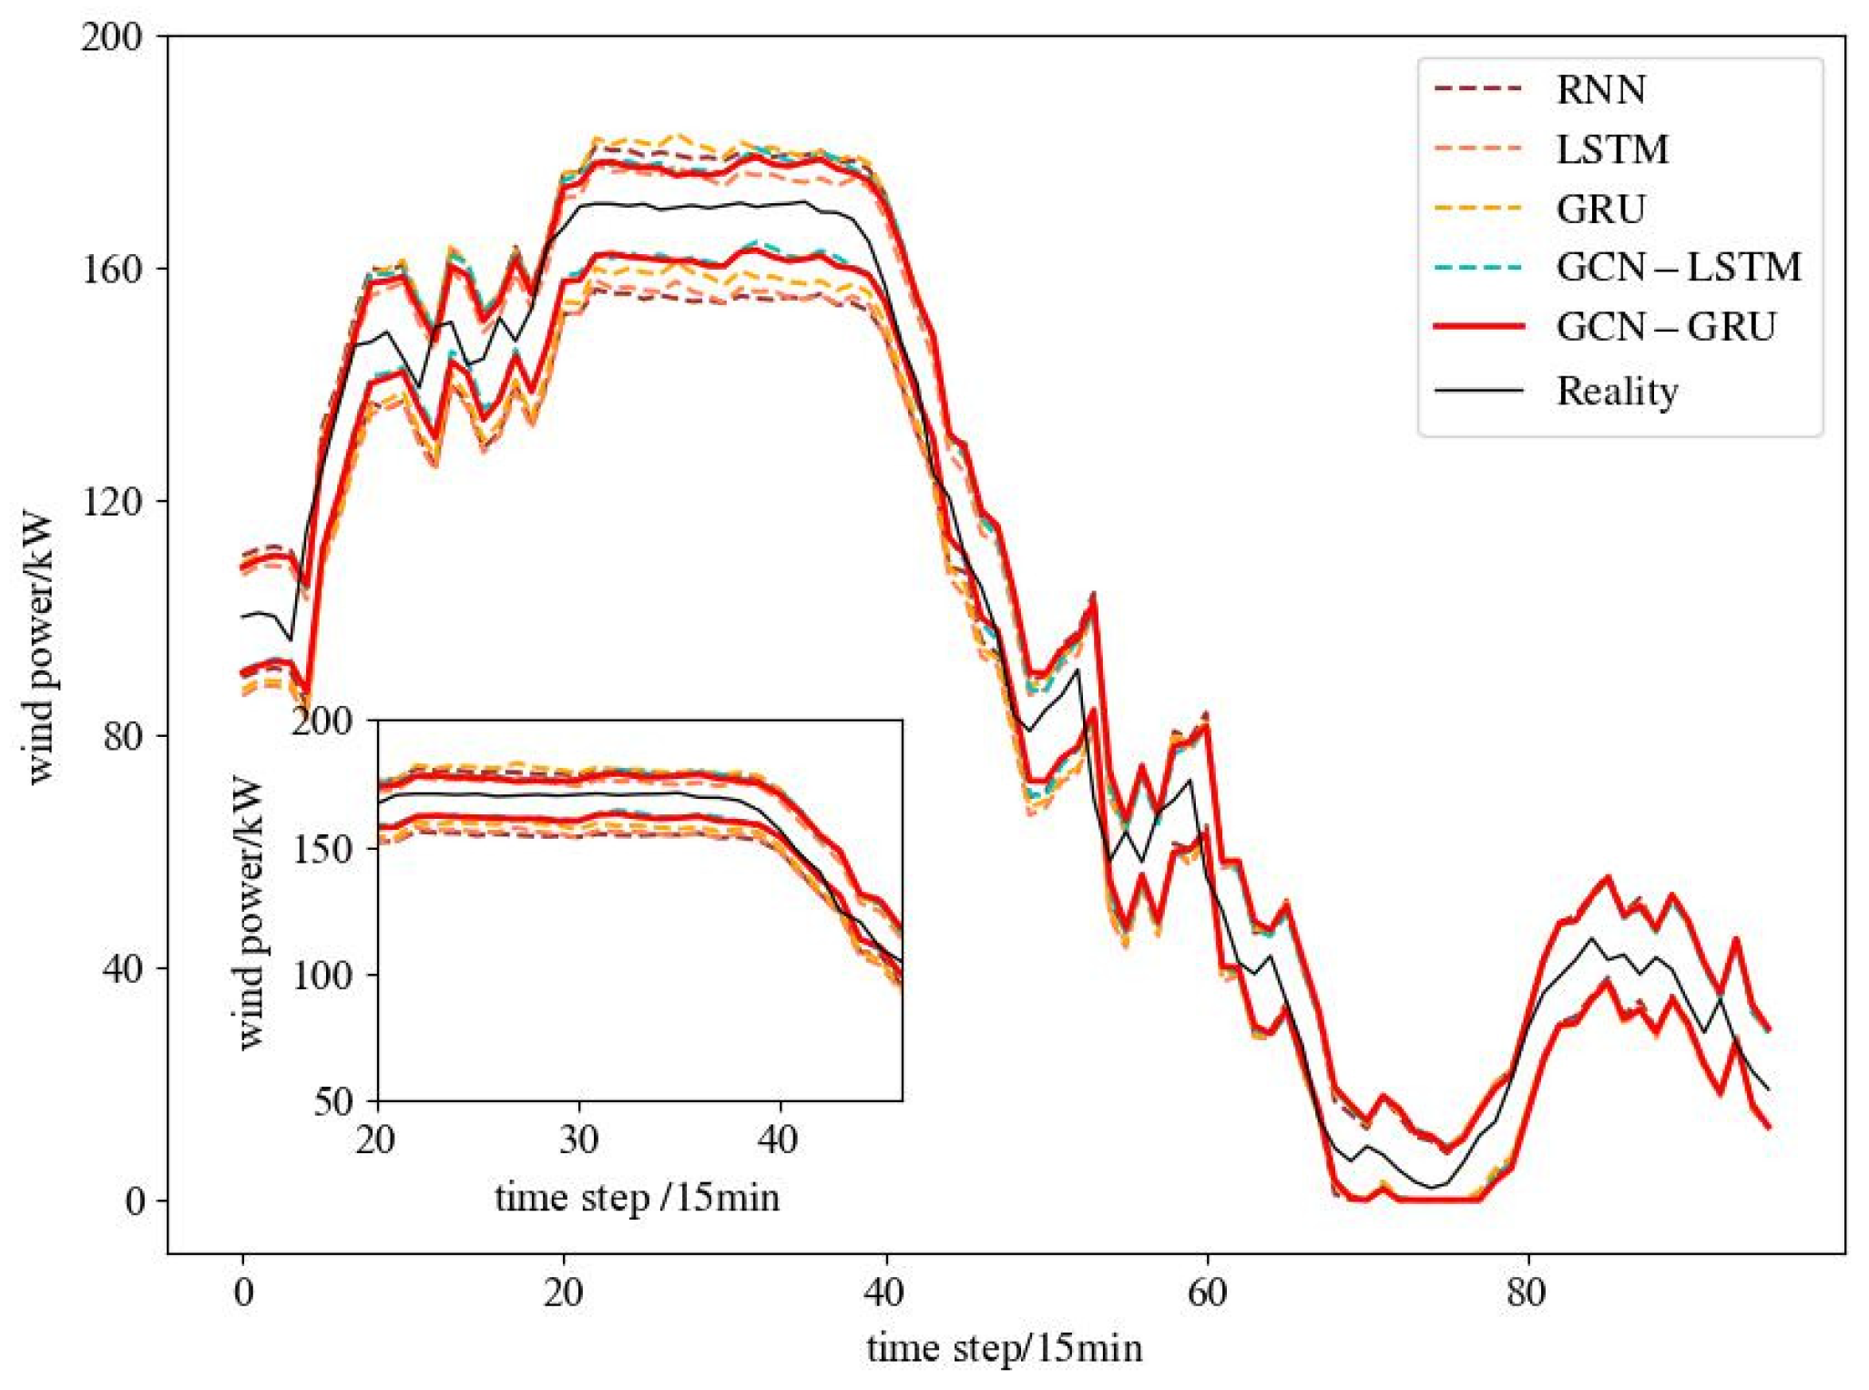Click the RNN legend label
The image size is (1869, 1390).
[x=1600, y=90]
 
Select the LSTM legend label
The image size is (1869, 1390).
[x=1612, y=149]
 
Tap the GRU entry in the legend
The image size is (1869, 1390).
[x=1600, y=210]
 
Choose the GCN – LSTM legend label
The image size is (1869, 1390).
[x=1679, y=268]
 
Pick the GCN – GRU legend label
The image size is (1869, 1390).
[x=1666, y=327]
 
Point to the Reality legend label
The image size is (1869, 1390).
[x=1617, y=391]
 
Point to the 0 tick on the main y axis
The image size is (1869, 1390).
[x=135, y=1201]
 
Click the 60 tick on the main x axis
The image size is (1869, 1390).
[x=1207, y=1292]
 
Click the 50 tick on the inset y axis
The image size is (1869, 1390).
[x=333, y=1102]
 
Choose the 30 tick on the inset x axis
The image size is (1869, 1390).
[x=578, y=1140]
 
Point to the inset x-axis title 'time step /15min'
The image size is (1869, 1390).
[x=638, y=1197]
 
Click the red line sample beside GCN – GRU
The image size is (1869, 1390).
[x=1478, y=326]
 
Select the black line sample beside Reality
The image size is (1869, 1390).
[x=1478, y=390]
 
